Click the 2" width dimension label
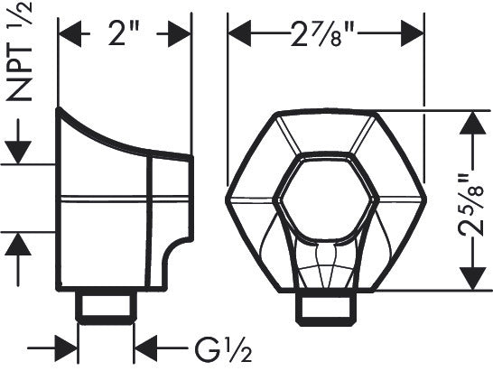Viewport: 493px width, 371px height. tap(126, 35)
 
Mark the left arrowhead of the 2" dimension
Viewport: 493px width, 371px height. tap(68, 35)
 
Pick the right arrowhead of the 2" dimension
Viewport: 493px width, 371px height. tap(181, 35)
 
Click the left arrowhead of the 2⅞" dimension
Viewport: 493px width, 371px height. tap(237, 35)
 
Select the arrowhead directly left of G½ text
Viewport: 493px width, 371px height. tap(144, 347)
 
